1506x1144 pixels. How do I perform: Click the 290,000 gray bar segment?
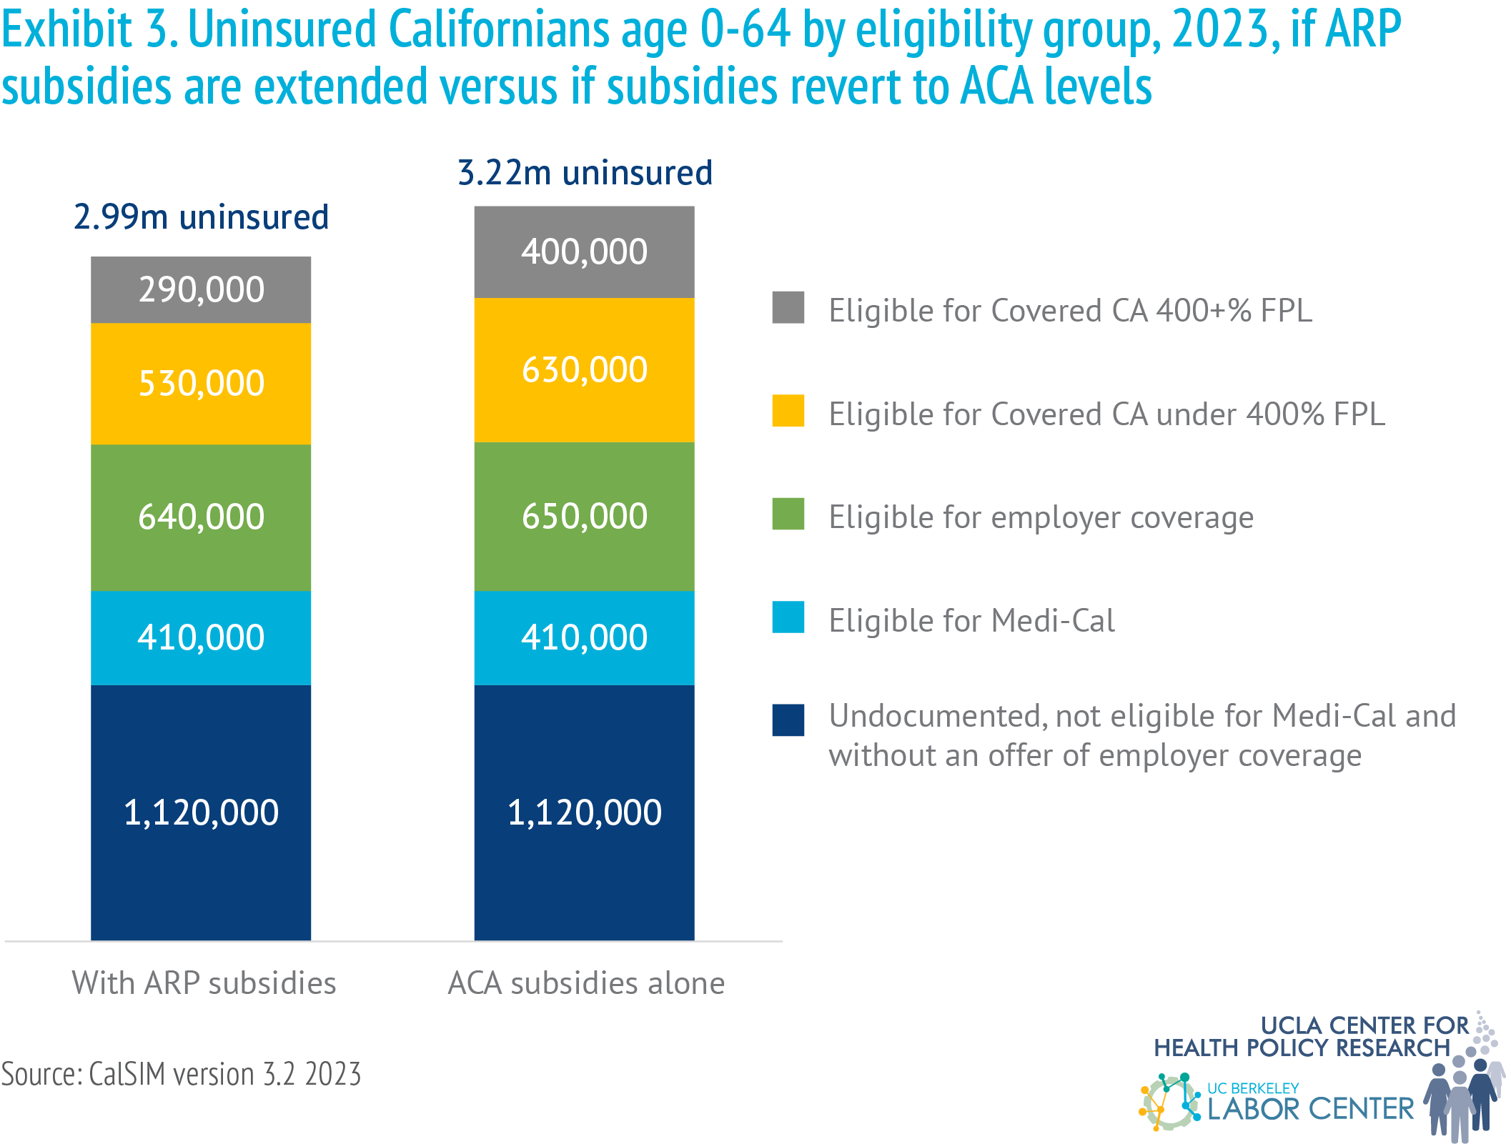201,289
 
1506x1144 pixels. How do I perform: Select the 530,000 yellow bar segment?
201,383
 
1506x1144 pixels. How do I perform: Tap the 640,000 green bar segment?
201,517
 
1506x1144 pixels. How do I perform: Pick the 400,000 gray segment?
584,252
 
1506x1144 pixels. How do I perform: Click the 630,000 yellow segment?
584,369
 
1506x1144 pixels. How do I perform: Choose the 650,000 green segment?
584,516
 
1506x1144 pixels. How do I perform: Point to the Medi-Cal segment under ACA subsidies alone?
584,637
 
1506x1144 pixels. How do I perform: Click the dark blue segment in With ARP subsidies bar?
201,812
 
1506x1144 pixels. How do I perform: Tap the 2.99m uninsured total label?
201,217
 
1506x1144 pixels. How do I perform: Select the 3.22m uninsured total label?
585,173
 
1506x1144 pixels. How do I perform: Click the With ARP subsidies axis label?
204,983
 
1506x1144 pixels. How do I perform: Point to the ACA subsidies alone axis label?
586,983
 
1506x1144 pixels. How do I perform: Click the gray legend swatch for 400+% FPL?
788,308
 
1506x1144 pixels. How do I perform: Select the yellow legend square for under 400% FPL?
788,411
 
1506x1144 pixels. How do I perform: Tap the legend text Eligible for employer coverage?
1041,517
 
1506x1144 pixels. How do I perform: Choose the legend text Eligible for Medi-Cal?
971,620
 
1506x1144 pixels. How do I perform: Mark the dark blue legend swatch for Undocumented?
788,720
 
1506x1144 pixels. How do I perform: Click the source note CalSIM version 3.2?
181,1074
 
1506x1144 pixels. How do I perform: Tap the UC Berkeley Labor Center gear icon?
1170,1102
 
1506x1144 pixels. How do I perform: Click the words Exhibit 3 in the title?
89,30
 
